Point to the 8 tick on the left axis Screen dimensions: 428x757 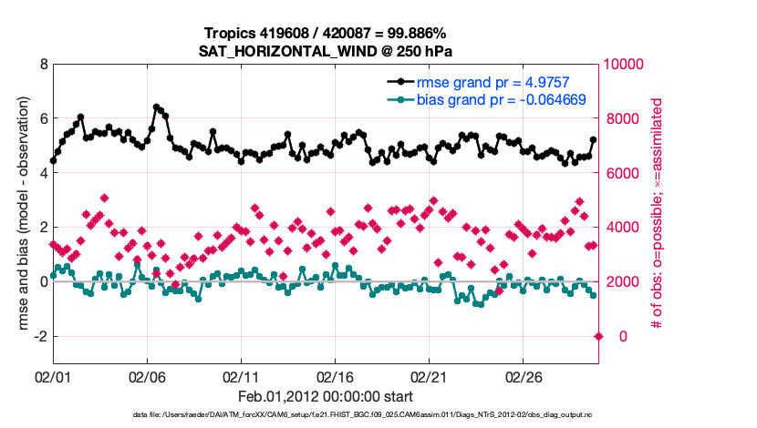[x=43, y=65]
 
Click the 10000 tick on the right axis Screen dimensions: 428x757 [x=625, y=65]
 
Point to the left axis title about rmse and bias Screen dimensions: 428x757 [x=19, y=214]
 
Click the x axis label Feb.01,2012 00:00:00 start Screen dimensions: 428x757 [x=326, y=396]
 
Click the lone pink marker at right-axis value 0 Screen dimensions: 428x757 [x=598, y=336]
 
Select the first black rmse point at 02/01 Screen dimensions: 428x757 [x=54, y=160]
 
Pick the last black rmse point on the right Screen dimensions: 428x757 [x=594, y=140]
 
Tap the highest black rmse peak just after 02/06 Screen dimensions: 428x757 [x=157, y=107]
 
